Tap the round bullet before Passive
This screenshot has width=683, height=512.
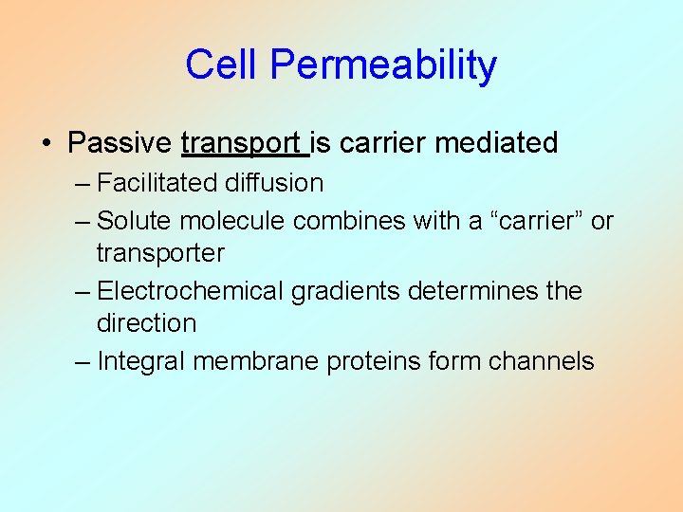click(46, 144)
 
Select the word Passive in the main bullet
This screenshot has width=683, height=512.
click(120, 143)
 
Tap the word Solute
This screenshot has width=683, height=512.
click(136, 221)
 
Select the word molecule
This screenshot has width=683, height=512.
click(233, 221)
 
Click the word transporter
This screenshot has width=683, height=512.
click(160, 253)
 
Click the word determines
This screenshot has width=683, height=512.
click(472, 291)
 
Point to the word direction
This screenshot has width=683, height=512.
click(146, 323)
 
